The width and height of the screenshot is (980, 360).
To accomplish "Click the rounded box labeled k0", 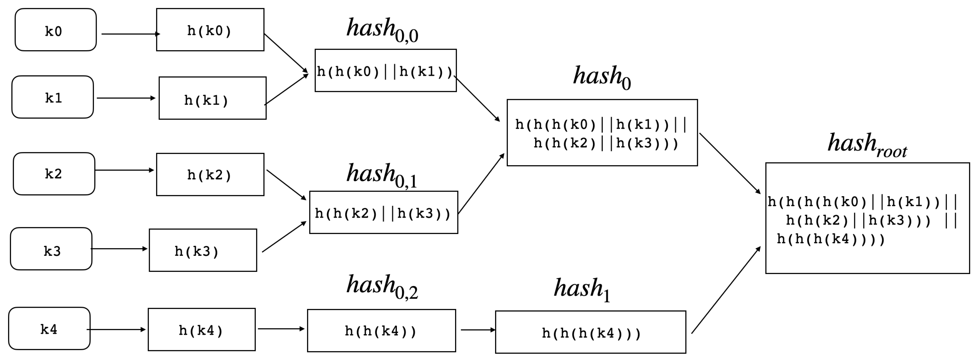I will click(x=56, y=30).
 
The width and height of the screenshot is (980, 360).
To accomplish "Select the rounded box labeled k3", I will click(x=51, y=249).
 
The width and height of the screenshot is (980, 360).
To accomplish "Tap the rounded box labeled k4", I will click(x=50, y=328).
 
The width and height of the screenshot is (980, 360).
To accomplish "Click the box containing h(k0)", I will click(x=210, y=30).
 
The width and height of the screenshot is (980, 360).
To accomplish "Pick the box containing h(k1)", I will click(x=212, y=98).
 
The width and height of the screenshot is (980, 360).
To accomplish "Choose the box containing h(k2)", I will click(x=210, y=175).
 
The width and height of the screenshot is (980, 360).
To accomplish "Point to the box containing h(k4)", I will click(x=202, y=330).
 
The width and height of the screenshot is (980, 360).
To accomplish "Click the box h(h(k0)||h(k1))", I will click(x=385, y=70).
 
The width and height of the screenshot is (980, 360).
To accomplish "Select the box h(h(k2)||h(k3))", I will click(x=383, y=212).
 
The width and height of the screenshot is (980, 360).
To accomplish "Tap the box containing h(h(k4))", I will click(x=381, y=330).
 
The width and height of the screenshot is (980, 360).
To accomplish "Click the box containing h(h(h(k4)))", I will click(x=591, y=332).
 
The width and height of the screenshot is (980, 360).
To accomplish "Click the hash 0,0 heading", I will click(x=382, y=30).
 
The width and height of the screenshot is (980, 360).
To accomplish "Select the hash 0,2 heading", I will click(x=382, y=286).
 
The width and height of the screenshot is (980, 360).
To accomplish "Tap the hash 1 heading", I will click(x=582, y=289).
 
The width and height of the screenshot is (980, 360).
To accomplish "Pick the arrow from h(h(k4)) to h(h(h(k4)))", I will click(x=477, y=330).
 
